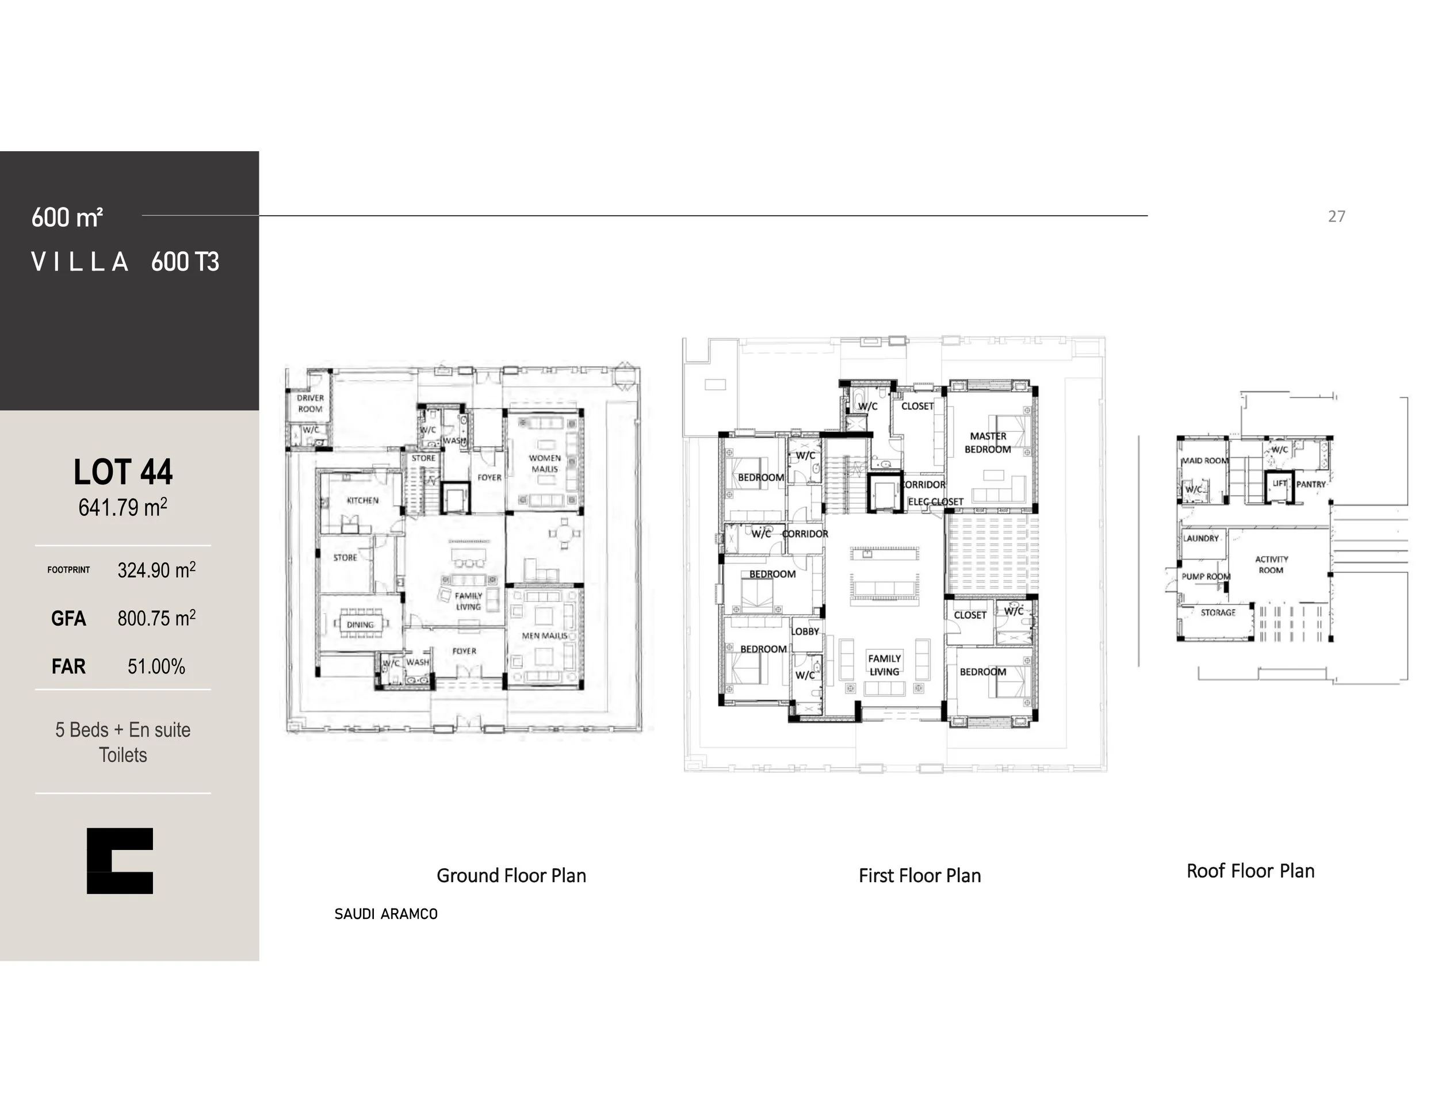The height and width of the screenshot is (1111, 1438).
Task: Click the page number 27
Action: pos(1336,217)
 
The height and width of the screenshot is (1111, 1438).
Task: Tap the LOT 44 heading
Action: pos(123,472)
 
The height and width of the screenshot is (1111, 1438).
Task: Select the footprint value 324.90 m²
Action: pos(156,570)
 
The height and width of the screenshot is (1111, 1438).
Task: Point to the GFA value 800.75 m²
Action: pos(156,618)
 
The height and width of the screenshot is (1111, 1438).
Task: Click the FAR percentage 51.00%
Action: pos(156,666)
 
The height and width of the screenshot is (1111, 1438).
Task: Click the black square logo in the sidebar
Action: pos(120,860)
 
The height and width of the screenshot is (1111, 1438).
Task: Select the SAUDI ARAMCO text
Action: pos(386,914)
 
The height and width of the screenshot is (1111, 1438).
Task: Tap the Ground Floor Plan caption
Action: pos(511,875)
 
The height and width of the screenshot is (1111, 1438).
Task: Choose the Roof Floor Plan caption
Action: pos(1250,871)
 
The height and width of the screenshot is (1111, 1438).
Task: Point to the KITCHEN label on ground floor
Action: pos(362,500)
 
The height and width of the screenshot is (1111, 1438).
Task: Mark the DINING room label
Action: pos(360,625)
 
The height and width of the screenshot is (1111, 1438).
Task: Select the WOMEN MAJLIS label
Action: pos(545,463)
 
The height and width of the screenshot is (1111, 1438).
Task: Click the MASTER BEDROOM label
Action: pos(988,442)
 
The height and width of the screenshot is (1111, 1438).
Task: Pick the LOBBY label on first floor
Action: pos(805,631)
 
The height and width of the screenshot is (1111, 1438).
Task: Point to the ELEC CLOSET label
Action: pos(935,501)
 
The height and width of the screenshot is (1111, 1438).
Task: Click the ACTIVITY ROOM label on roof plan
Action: pos(1271,565)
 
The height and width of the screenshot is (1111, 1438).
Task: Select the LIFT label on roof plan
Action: pos(1279,483)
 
